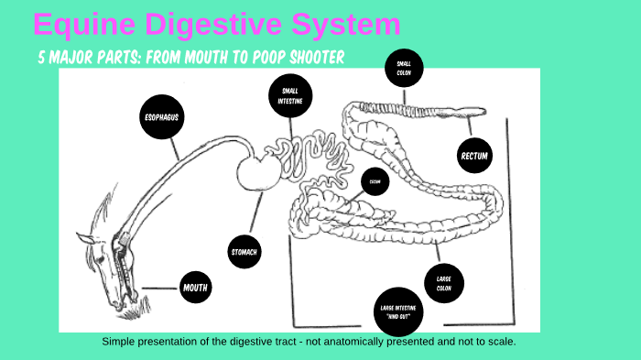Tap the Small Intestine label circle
click(290, 95)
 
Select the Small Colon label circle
click(403, 68)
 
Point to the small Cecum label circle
click(375, 181)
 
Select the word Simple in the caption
click(118, 342)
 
